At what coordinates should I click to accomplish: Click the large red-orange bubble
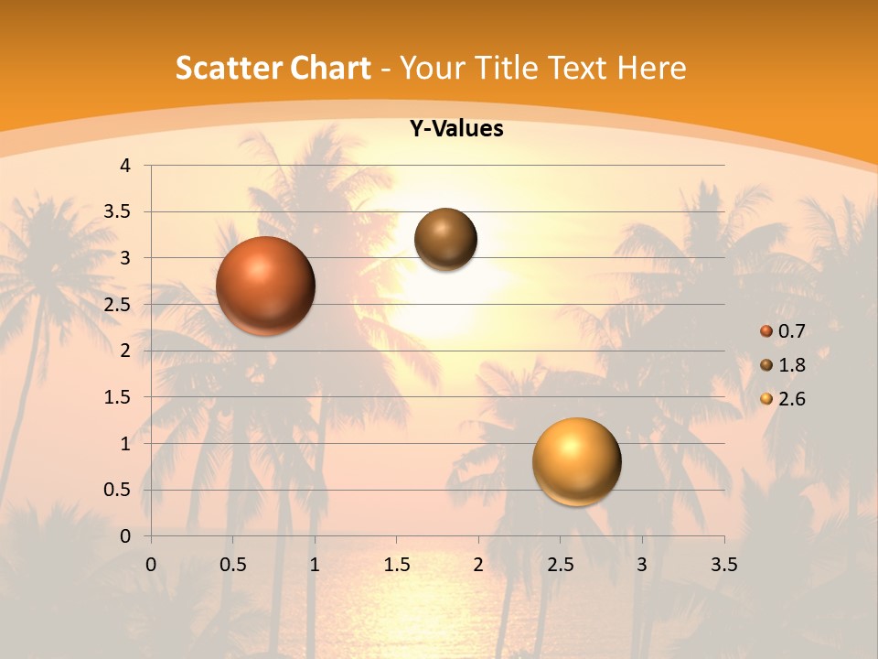tap(266, 286)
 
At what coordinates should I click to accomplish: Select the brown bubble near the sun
tap(445, 239)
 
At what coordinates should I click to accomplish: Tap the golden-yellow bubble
tap(576, 461)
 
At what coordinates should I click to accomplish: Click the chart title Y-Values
tap(456, 129)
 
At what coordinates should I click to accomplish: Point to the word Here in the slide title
tap(651, 68)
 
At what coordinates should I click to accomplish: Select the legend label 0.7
tap(791, 331)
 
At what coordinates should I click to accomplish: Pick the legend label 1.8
tap(791, 365)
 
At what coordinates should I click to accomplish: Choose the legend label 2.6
tap(791, 399)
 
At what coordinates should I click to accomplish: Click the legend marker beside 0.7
tap(766, 331)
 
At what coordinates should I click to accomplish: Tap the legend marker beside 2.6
tap(766, 399)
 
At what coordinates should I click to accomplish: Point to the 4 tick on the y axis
tap(125, 166)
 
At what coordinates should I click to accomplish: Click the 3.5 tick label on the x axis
tap(723, 565)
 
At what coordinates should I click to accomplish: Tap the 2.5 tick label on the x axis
tap(560, 565)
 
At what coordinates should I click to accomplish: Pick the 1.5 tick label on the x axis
tap(396, 565)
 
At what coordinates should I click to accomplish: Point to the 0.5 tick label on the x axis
tap(232, 565)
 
